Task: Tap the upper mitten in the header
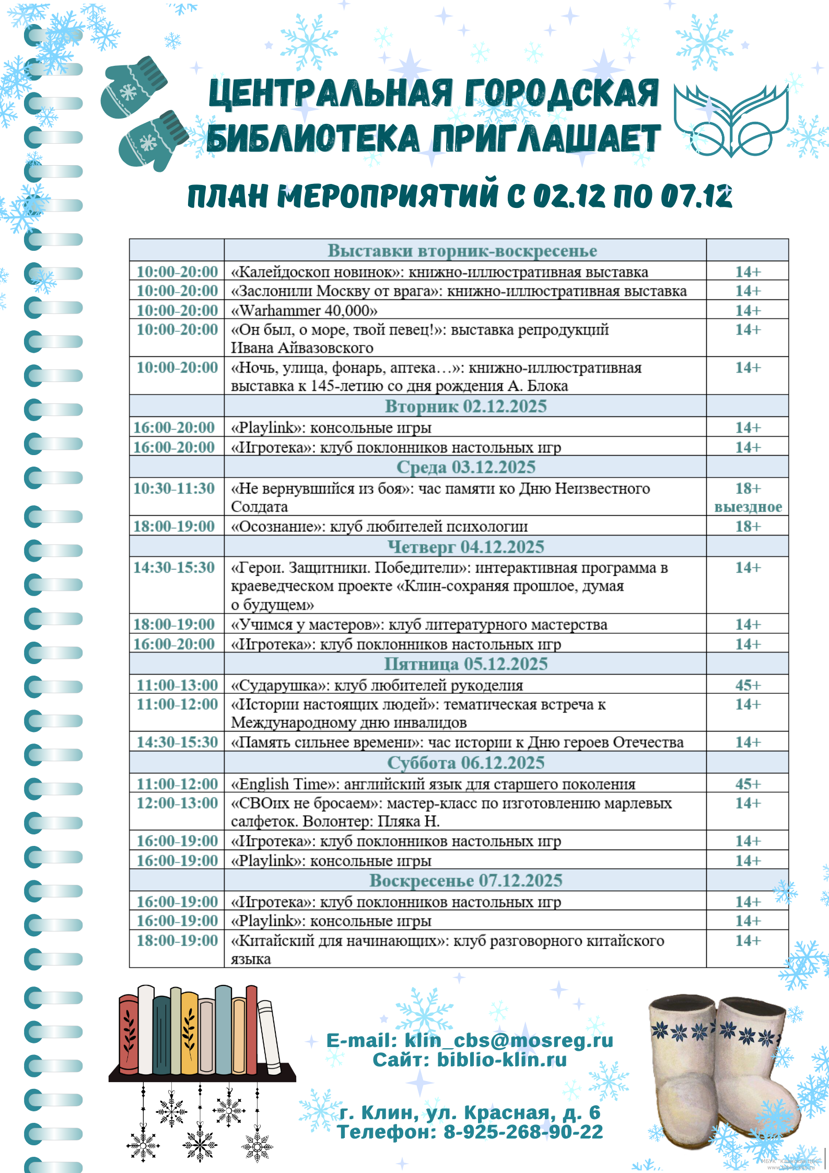pos(133,86)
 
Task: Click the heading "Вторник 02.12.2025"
pos(465,406)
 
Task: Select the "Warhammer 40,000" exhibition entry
pos(304,310)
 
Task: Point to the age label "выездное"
pos(748,507)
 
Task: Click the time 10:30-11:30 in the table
pos(174,489)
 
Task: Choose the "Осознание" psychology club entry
pos(379,526)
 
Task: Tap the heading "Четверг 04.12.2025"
pos(465,547)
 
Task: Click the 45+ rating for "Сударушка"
pos(748,685)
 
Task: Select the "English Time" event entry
pos(433,784)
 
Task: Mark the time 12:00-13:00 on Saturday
pos(177,803)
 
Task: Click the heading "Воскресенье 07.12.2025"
pos(465,880)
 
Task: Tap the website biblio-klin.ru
pos(501,1060)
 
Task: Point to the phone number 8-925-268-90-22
pos(523,1132)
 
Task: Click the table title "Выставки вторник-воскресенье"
pos(462,251)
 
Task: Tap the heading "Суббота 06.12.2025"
pos(465,763)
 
